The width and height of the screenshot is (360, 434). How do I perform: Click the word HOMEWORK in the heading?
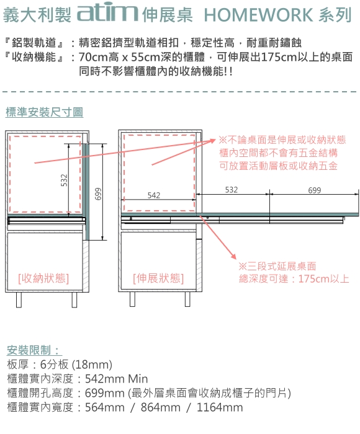pyautogui.click(x=258, y=15)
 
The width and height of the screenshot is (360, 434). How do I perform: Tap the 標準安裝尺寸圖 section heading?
pyautogui.click(x=44, y=112)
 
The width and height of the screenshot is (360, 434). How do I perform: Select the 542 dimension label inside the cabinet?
pyautogui.click(x=154, y=195)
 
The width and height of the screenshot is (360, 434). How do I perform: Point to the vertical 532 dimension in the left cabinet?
pyautogui.click(x=64, y=180)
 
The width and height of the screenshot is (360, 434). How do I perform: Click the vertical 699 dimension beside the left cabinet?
pyautogui.click(x=99, y=193)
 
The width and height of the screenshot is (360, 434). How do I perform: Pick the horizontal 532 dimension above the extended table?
pyautogui.click(x=231, y=190)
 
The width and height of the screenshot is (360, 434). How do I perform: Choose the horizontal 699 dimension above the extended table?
pyautogui.click(x=315, y=190)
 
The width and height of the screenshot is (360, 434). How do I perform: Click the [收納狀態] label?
pyautogui.click(x=43, y=278)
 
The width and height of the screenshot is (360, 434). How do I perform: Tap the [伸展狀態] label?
pyautogui.click(x=158, y=278)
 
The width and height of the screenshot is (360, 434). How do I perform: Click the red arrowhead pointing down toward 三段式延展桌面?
pyautogui.click(x=233, y=256)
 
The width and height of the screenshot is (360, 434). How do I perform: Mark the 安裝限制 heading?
pyautogui.click(x=34, y=350)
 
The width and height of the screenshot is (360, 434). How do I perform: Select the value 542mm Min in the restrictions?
pyautogui.click(x=117, y=379)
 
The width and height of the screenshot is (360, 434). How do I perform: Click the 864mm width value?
pyautogui.click(x=161, y=407)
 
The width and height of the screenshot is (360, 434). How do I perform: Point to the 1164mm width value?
pyautogui.click(x=220, y=407)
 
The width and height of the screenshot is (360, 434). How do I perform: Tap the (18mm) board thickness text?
pyautogui.click(x=92, y=365)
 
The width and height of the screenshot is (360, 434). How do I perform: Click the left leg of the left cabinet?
pyautogui.click(x=19, y=299)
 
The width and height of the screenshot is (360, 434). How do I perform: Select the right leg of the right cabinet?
pyautogui.click(x=187, y=299)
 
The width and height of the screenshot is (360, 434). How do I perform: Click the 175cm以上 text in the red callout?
pyautogui.click(x=323, y=279)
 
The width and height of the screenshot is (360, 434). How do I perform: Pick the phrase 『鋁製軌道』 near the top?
pyautogui.click(x=34, y=43)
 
